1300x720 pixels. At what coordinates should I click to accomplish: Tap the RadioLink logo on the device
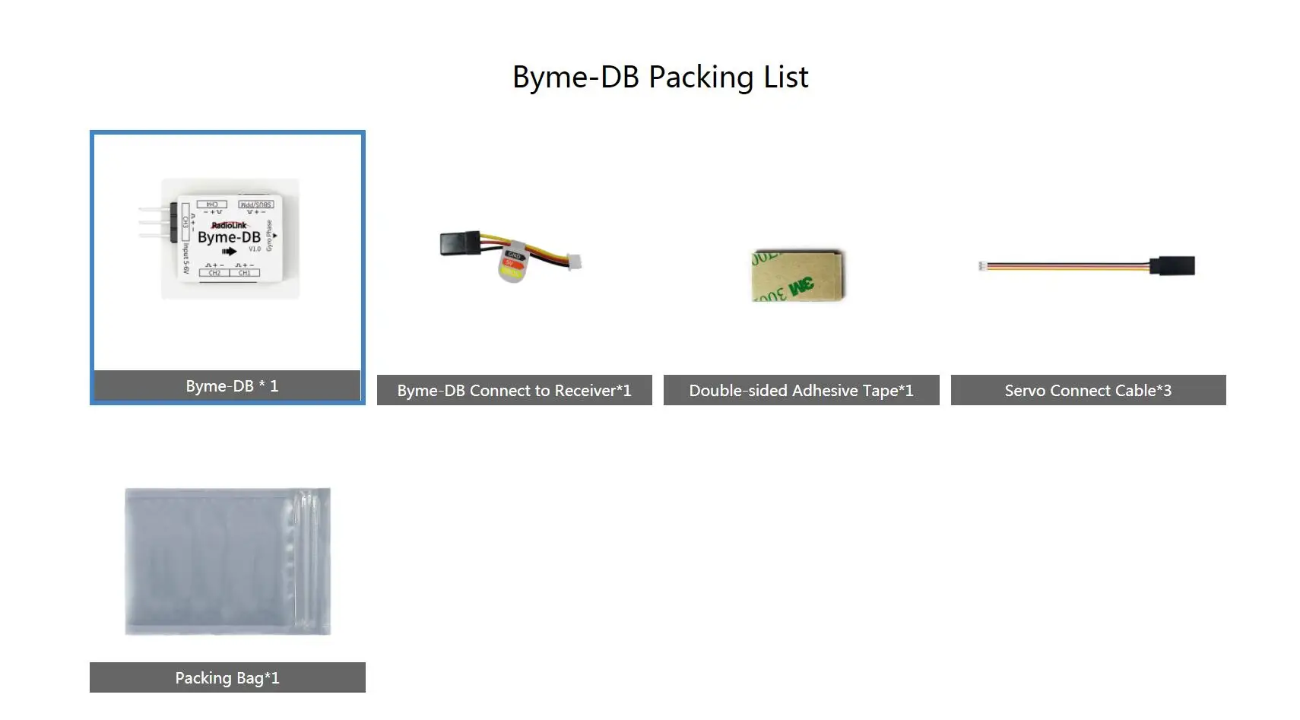pyautogui.click(x=229, y=225)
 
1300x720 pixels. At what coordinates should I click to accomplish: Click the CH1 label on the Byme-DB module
pyautogui.click(x=244, y=272)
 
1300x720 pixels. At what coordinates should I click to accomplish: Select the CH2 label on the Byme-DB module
pyautogui.click(x=214, y=272)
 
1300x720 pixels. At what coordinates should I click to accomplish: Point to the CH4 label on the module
pyautogui.click(x=212, y=205)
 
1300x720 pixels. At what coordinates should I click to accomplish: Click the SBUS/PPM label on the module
pyautogui.click(x=255, y=205)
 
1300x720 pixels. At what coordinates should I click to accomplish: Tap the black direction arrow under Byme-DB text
pyautogui.click(x=229, y=252)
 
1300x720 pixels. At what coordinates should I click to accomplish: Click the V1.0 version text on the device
pyautogui.click(x=255, y=249)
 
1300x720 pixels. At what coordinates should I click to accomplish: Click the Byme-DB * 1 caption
pyautogui.click(x=227, y=385)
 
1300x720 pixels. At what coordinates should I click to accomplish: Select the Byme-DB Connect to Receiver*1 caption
pyautogui.click(x=514, y=390)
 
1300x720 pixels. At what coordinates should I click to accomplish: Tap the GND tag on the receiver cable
pyautogui.click(x=514, y=255)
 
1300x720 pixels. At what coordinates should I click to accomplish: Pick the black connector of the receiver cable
pyautogui.click(x=460, y=243)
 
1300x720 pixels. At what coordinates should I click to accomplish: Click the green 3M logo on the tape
pyautogui.click(x=801, y=287)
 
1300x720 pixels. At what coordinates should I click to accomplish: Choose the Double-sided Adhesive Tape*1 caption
pyautogui.click(x=801, y=390)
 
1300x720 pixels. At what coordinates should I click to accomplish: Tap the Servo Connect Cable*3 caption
pyautogui.click(x=1088, y=390)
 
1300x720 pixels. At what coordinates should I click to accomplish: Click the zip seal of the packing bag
pyautogui.click(x=308, y=561)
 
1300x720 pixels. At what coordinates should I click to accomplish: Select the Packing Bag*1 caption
pyautogui.click(x=227, y=677)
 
